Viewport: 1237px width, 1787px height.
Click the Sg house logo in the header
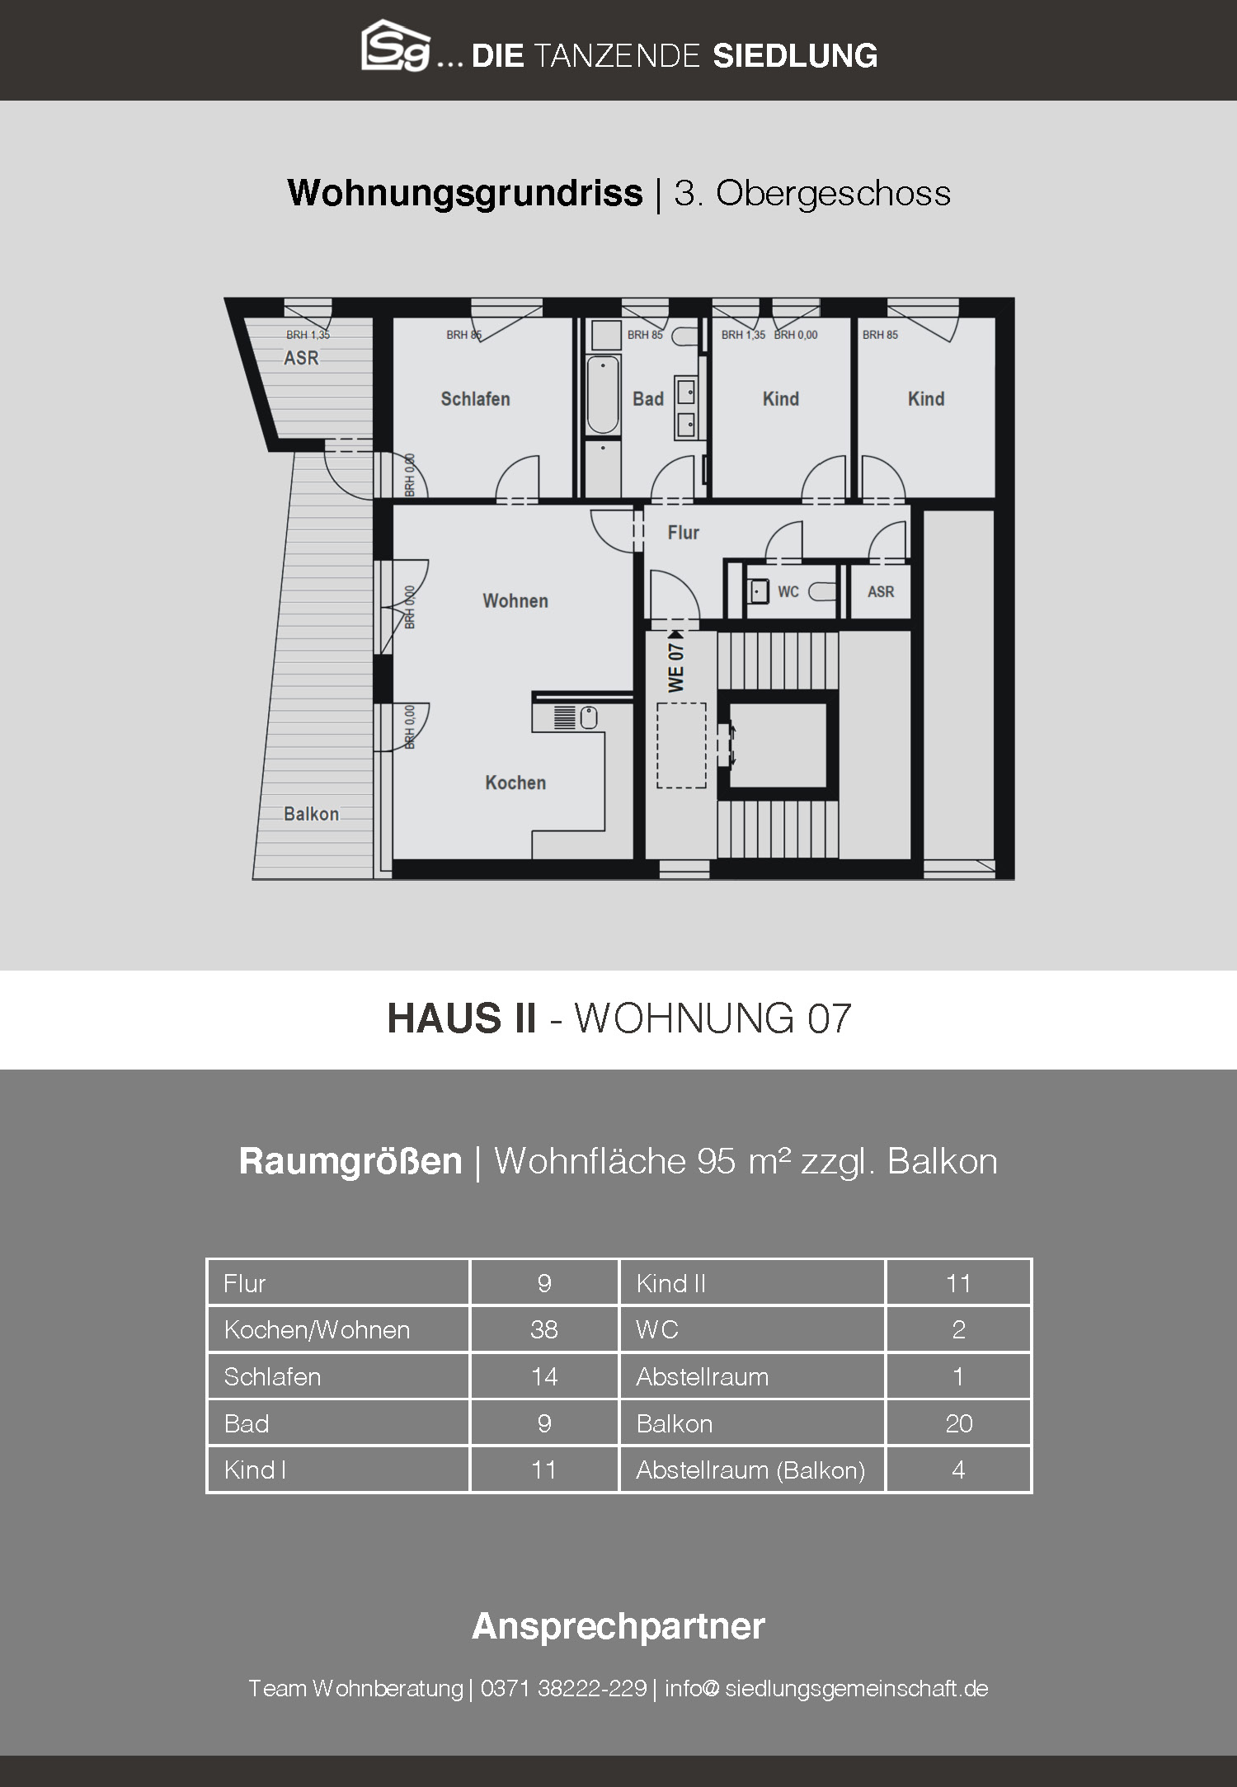point(396,46)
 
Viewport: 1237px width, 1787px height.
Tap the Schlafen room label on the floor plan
point(475,399)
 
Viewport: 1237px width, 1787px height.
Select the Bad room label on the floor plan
point(648,399)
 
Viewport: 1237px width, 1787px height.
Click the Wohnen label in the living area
point(515,601)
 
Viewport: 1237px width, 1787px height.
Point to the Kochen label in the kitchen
point(515,783)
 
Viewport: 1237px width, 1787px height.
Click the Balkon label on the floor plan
point(311,814)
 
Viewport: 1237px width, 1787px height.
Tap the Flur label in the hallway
point(683,533)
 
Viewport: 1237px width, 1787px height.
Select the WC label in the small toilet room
point(788,592)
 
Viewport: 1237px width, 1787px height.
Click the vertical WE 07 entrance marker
point(676,663)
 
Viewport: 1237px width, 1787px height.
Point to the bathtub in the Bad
point(603,396)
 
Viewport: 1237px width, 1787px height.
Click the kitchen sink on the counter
point(588,718)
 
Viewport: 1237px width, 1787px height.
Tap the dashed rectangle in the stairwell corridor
point(681,745)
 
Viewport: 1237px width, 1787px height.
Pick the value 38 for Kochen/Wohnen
point(544,1329)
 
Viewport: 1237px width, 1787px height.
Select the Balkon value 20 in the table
point(959,1423)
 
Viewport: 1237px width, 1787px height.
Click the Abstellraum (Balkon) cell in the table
point(751,1470)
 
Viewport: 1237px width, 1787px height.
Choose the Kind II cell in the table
point(751,1283)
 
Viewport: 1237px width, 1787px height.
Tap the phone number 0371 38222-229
point(563,1688)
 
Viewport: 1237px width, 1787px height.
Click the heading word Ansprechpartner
point(618,1625)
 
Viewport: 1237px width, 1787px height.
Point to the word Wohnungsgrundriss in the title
point(465,194)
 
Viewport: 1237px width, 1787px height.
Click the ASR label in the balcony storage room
point(301,358)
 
